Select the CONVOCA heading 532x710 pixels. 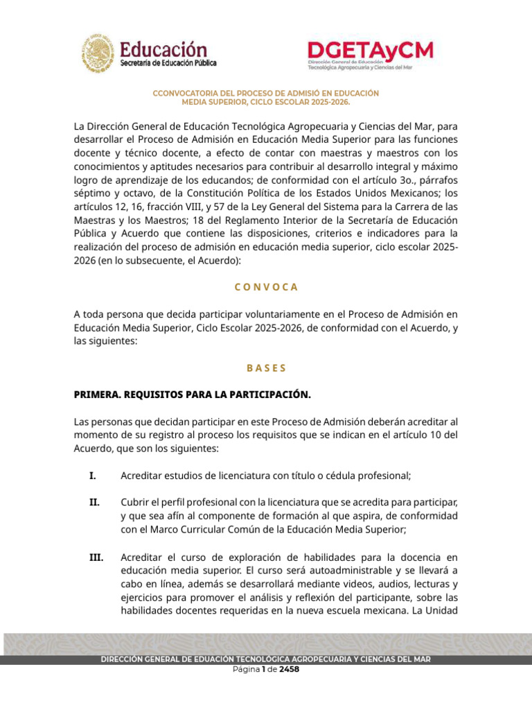(x=266, y=286)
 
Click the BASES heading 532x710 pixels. (x=266, y=367)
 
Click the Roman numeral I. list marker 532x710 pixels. (x=92, y=476)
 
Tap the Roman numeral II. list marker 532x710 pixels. (x=94, y=501)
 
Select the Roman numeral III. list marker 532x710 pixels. (x=95, y=557)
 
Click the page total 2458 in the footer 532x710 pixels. (x=289, y=670)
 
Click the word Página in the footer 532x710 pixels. (x=246, y=670)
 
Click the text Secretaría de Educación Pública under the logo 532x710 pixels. (x=168, y=63)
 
